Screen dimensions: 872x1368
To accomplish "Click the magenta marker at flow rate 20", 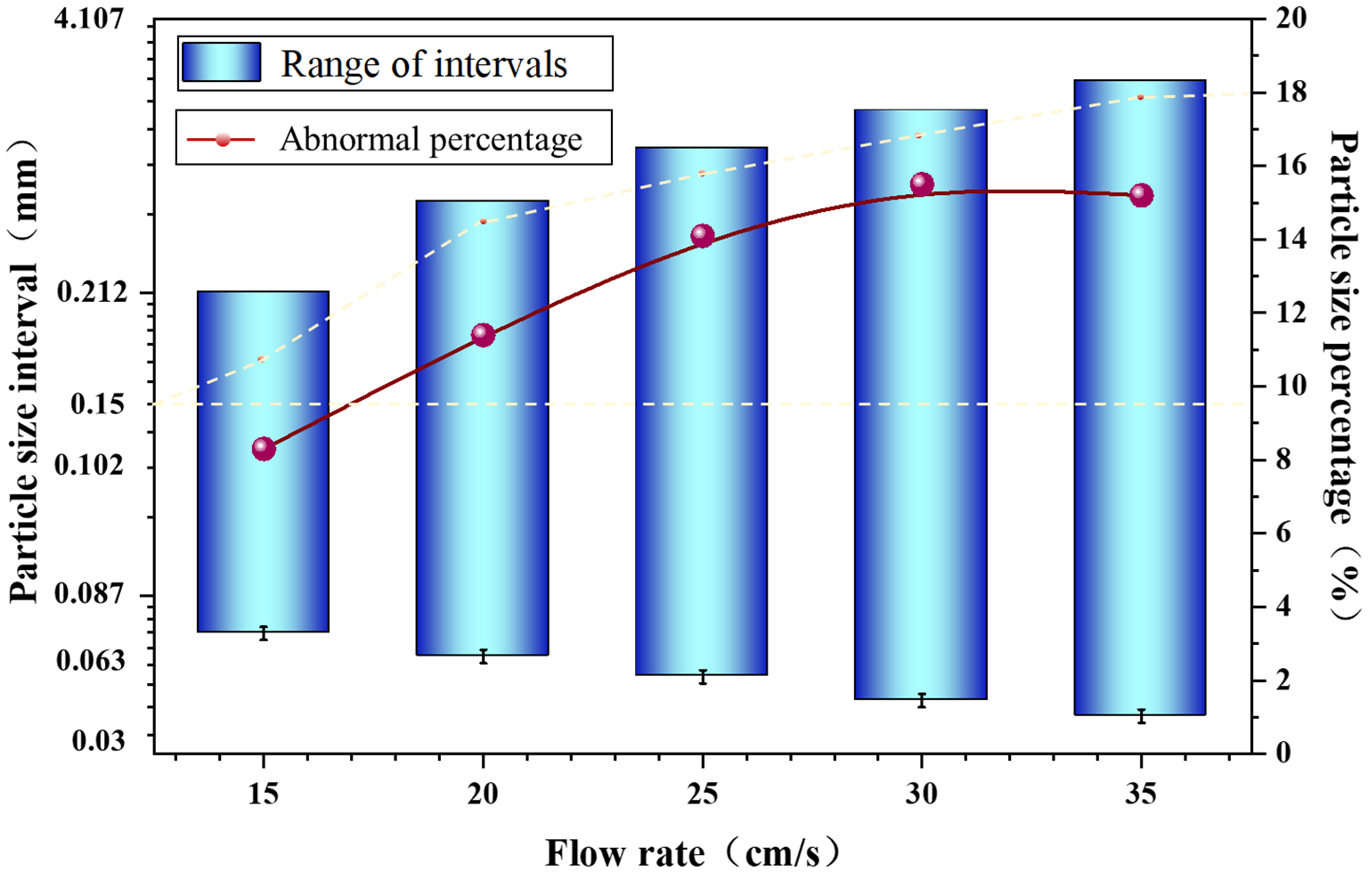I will pos(483,335).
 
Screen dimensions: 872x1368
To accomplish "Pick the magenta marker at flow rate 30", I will pos(922,184).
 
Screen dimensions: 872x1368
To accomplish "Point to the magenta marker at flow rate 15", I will pos(263,448).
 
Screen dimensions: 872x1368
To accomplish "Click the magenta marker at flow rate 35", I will pos(1141,195).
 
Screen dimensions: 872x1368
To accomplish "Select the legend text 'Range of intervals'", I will pos(424,64).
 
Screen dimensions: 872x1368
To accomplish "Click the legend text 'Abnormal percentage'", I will pos(431,139).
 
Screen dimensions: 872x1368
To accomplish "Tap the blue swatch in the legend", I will pos(221,63).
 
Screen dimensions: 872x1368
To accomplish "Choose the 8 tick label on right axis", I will pos(1274,460).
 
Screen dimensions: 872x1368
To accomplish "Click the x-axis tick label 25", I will pos(702,793).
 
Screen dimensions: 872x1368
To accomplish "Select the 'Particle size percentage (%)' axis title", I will pos(1344,374).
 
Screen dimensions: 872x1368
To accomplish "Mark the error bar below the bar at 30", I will pos(922,701).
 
